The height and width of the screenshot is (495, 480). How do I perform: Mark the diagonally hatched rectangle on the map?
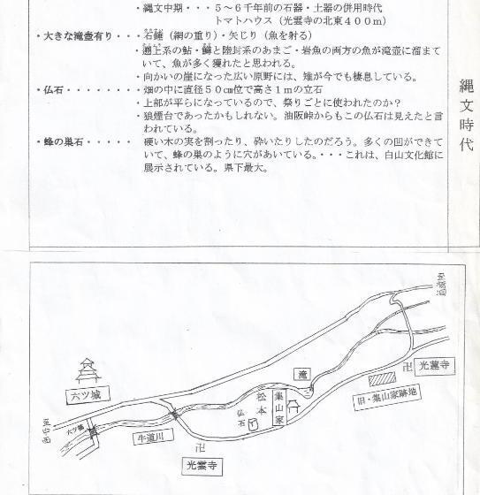coord(377,377)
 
